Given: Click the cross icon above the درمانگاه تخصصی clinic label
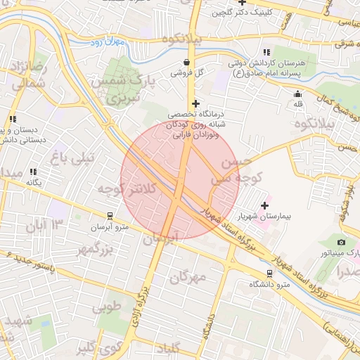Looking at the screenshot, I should point(195,103).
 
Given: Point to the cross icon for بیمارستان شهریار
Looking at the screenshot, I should point(264,205).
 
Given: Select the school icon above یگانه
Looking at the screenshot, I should point(33,172).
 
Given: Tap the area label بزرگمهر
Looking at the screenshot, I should point(95,249).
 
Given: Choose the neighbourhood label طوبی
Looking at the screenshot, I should point(106,307).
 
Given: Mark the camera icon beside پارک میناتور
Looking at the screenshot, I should point(342,242).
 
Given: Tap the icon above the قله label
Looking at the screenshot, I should point(297,94).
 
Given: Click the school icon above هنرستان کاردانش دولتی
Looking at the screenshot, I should point(266,52).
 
